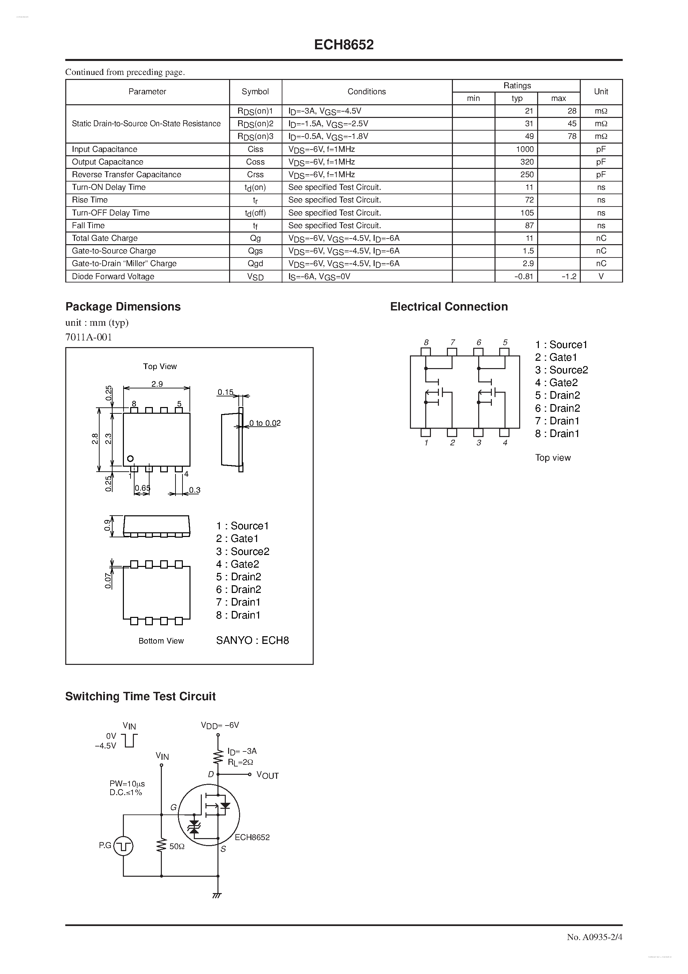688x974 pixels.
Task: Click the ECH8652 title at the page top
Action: [344, 45]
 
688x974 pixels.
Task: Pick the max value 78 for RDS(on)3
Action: [572, 136]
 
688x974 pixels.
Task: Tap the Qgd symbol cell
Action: [255, 263]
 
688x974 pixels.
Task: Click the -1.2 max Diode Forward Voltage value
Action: [569, 276]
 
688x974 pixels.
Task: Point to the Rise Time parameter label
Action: [90, 200]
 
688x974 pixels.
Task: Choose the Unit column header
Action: [601, 92]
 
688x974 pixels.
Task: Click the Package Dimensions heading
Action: [123, 307]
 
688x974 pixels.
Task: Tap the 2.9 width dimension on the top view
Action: [157, 384]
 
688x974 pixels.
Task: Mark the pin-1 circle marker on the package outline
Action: [130, 459]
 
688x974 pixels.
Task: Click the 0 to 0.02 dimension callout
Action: [265, 423]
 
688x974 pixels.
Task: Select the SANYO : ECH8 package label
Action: [252, 640]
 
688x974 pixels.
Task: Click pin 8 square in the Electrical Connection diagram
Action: [426, 352]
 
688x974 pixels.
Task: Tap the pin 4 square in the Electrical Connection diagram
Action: [504, 433]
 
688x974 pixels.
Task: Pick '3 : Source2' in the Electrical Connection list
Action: [561, 370]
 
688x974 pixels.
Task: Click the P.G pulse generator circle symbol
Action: [124, 846]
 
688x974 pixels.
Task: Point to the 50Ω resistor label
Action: [177, 846]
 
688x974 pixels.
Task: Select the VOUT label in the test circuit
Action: [267, 775]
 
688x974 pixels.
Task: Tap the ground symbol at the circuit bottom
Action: [217, 895]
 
